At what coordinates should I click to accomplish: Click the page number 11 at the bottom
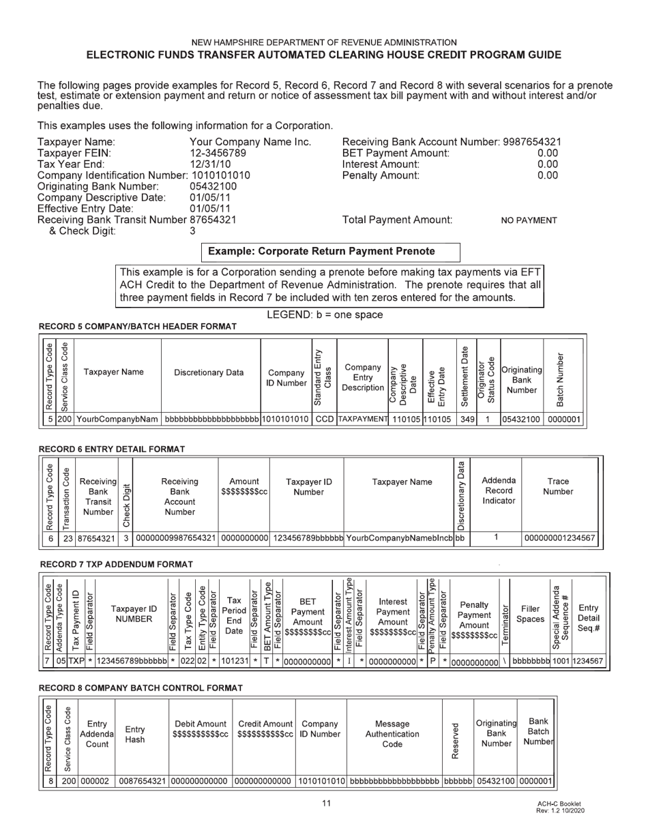tap(326, 803)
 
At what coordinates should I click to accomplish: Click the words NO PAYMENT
tap(529, 220)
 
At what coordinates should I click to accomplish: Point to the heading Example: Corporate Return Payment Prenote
tap(330, 252)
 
